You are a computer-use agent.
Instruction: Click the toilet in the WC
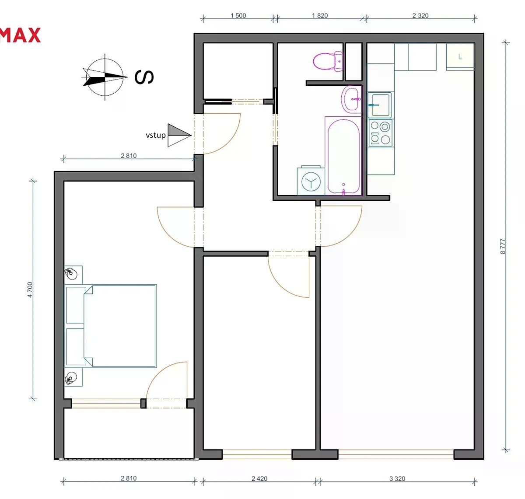point(328,61)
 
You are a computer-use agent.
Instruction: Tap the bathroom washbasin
point(352,99)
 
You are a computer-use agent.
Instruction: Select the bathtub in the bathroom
point(343,157)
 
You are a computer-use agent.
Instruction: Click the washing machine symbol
point(311,181)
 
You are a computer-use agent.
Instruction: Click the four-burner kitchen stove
point(380,133)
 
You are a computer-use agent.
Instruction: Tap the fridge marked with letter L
point(460,57)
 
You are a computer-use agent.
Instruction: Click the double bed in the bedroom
point(111,326)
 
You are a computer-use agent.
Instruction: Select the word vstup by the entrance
point(155,136)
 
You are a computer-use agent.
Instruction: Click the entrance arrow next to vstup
point(179,135)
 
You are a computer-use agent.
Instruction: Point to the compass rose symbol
point(105,77)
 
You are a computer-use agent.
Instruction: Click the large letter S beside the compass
point(144,77)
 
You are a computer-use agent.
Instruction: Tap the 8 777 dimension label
point(503,246)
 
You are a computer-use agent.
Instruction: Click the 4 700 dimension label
point(30,290)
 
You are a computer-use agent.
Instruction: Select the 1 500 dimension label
point(238,15)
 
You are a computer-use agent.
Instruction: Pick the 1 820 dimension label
point(320,15)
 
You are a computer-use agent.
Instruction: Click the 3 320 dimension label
point(397,479)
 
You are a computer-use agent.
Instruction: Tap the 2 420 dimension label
point(259,479)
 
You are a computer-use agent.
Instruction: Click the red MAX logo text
point(20,35)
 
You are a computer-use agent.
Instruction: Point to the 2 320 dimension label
point(420,15)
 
